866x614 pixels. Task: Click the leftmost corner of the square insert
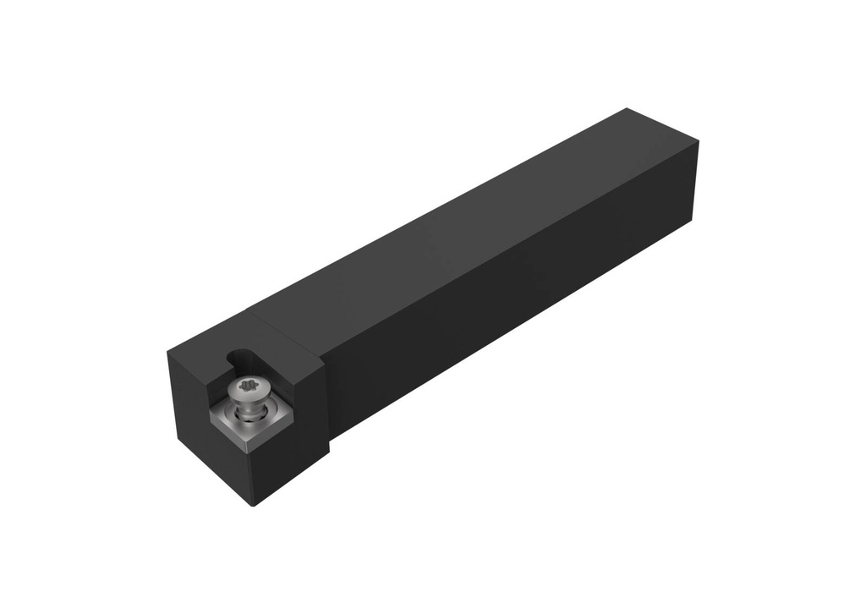point(210,414)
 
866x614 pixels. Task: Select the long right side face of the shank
point(524,296)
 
